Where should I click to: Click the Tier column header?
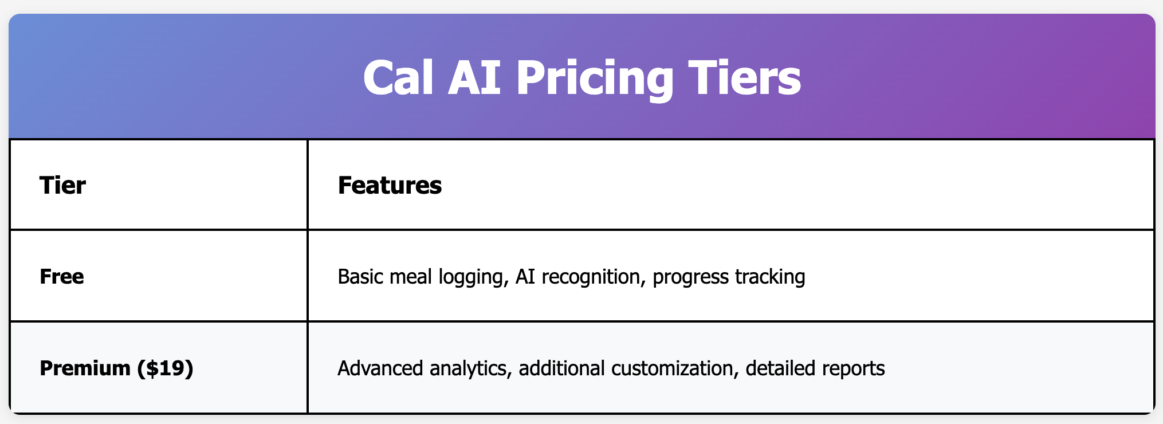click(62, 185)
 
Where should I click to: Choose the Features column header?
click(390, 185)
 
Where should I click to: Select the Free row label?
click(62, 277)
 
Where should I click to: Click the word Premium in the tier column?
click(85, 368)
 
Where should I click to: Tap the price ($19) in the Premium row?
click(165, 368)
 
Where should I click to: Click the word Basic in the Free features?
click(361, 277)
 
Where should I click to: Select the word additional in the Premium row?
click(562, 368)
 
